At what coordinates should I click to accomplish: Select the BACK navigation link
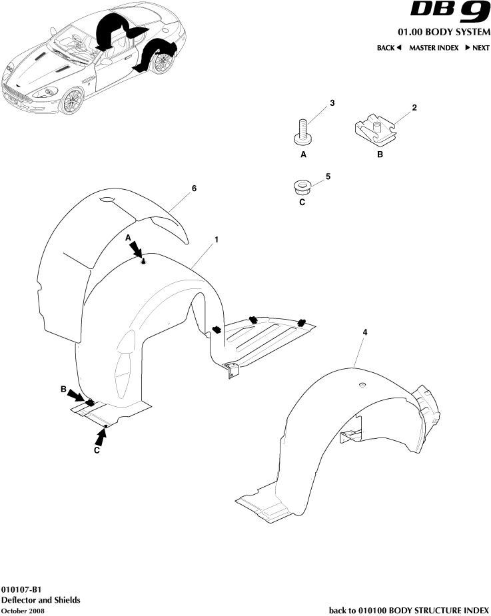(x=389, y=48)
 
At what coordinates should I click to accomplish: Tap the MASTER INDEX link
(x=433, y=48)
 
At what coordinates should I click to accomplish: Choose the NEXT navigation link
(x=477, y=48)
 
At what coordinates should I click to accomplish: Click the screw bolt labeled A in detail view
(x=303, y=131)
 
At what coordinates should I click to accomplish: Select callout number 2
(x=414, y=107)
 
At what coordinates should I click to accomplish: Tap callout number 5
(x=328, y=176)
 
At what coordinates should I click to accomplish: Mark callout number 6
(x=194, y=188)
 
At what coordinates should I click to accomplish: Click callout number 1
(x=216, y=238)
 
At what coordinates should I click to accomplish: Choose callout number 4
(x=364, y=332)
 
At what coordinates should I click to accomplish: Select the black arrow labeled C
(x=101, y=436)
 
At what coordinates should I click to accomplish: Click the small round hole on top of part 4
(x=362, y=385)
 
